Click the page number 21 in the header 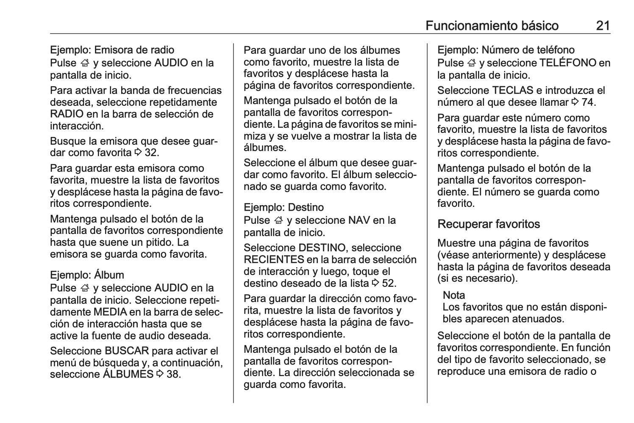pos(603,26)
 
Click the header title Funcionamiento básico pos(492,26)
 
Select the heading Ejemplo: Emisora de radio pos(112,50)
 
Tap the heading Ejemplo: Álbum pos(87,275)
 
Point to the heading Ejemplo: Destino pos(284,207)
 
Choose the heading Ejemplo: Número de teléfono pos(506,50)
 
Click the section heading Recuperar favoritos pos(489,224)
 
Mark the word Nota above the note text pos(453,295)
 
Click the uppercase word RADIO pos(67,114)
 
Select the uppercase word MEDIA pos(110,312)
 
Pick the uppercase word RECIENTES pos(274,259)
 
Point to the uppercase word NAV pos(359,220)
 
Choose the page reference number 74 pos(589,102)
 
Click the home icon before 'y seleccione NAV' pos(278,220)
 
